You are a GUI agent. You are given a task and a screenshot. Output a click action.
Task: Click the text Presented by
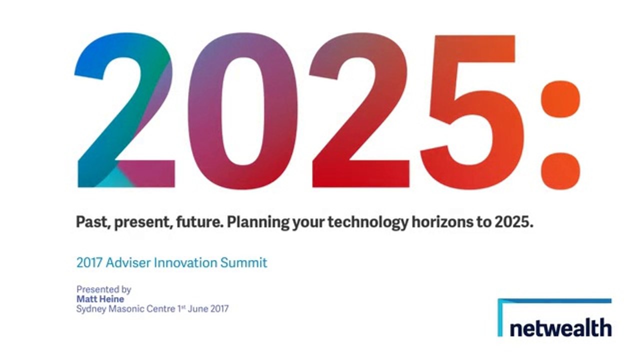[x=103, y=289]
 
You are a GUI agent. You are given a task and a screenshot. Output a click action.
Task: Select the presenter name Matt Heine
[x=100, y=299]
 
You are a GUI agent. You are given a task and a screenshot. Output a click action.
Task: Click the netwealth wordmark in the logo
[x=560, y=328]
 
